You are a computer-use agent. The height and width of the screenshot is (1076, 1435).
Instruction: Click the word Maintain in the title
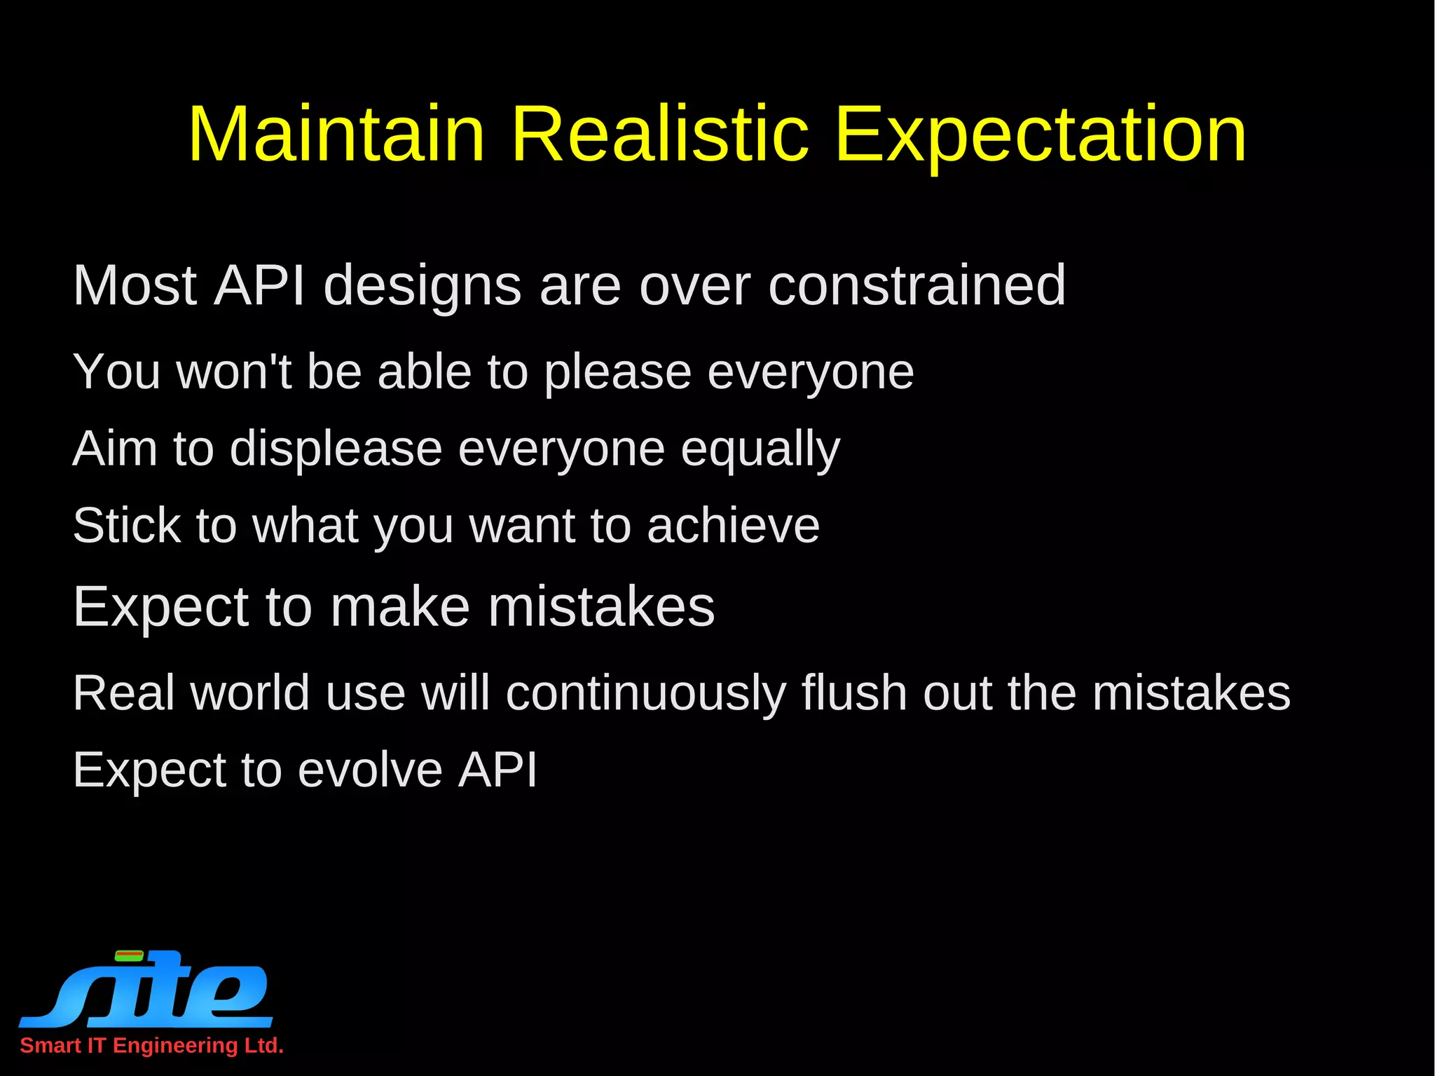pos(336,135)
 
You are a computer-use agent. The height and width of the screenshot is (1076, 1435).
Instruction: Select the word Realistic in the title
pos(659,135)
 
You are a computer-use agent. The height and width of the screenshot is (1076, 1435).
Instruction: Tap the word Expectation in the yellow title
pos(1040,135)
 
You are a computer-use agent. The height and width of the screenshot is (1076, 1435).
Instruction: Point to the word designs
pos(422,286)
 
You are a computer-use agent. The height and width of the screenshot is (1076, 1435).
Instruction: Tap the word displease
pos(336,449)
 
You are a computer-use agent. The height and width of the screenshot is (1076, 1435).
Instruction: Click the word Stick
pos(127,525)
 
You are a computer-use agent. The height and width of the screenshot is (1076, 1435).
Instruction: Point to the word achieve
pos(733,526)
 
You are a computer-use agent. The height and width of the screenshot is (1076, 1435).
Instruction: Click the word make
pos(400,606)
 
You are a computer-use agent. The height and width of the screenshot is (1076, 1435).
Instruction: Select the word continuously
pos(645,694)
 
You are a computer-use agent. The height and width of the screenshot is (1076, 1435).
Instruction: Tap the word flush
pos(854,693)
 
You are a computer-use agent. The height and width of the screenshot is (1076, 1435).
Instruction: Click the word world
pos(249,693)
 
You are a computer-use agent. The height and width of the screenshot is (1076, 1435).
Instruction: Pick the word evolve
pos(369,770)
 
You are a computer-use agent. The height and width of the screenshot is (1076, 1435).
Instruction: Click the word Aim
pos(115,449)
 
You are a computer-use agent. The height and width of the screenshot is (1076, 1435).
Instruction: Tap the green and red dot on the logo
pos(129,955)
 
